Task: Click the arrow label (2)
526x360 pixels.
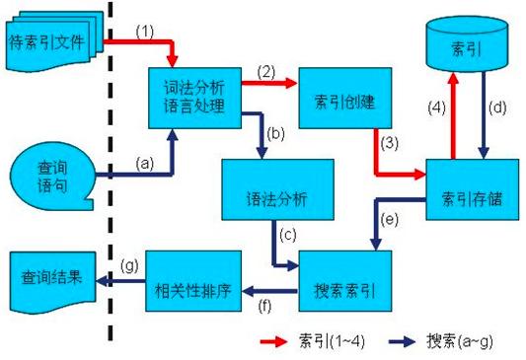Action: click(x=265, y=72)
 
